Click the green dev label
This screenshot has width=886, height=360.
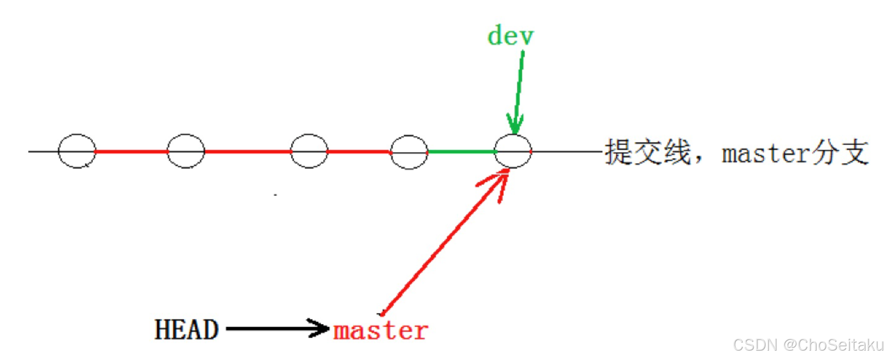(x=510, y=36)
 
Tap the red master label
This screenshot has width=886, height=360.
(x=381, y=330)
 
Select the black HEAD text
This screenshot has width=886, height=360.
(x=186, y=330)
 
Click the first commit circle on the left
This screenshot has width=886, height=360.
(x=77, y=151)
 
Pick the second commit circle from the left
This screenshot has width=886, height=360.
(x=185, y=151)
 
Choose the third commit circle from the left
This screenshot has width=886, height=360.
(x=309, y=151)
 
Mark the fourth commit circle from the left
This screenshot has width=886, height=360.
(x=409, y=152)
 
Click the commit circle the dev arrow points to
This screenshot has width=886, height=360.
(x=512, y=151)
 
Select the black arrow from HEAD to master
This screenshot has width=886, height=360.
(x=273, y=329)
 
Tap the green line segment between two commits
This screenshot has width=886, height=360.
(x=461, y=152)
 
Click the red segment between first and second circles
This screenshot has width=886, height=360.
(x=131, y=152)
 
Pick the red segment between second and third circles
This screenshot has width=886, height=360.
(x=247, y=152)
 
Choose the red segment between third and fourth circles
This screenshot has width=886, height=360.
(x=359, y=152)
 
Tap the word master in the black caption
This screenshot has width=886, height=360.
(x=765, y=154)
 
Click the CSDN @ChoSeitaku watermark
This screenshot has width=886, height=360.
(x=807, y=345)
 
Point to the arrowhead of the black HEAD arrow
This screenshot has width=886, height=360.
(x=320, y=329)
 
